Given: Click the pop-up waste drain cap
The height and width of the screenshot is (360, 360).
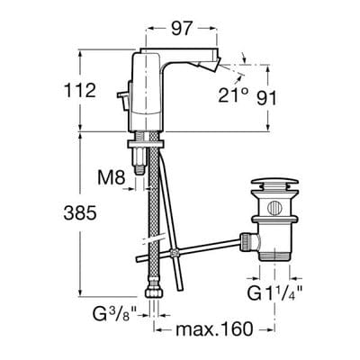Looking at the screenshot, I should point(275,186).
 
